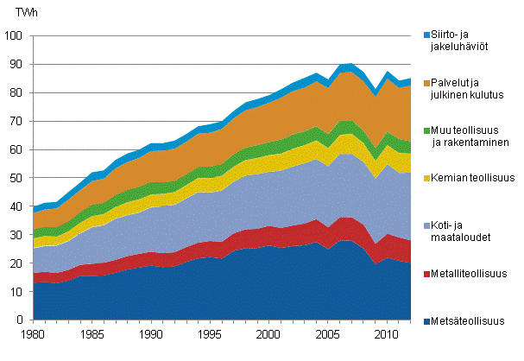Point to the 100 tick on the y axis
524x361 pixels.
tap(16, 35)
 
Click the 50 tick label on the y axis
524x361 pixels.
tap(19, 178)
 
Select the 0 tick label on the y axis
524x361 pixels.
tap(22, 320)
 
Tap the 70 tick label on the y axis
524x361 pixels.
tap(19, 121)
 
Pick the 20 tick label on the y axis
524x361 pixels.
tap(19, 263)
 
